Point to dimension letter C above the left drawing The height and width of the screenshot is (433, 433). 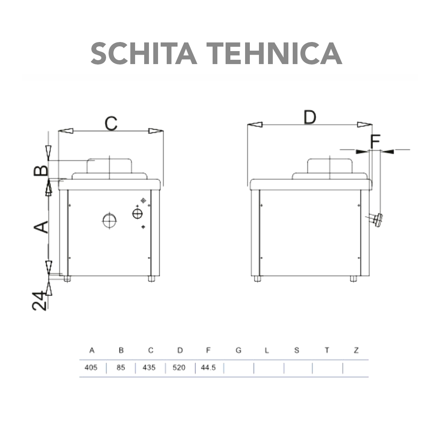[111, 123]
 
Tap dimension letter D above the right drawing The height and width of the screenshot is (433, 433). [309, 117]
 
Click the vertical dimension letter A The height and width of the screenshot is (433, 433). [42, 226]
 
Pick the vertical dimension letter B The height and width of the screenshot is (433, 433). [42, 170]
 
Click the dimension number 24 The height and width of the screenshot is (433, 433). [40, 301]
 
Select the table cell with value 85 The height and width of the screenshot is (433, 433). [121, 368]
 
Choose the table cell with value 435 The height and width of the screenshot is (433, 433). [150, 368]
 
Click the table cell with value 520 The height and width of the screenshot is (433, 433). [179, 368]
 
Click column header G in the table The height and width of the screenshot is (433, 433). [238, 350]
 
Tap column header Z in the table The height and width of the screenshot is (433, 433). [356, 350]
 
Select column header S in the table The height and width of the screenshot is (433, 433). [297, 350]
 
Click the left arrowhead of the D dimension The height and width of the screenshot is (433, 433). [255, 125]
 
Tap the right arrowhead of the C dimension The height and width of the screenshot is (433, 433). [155, 131]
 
